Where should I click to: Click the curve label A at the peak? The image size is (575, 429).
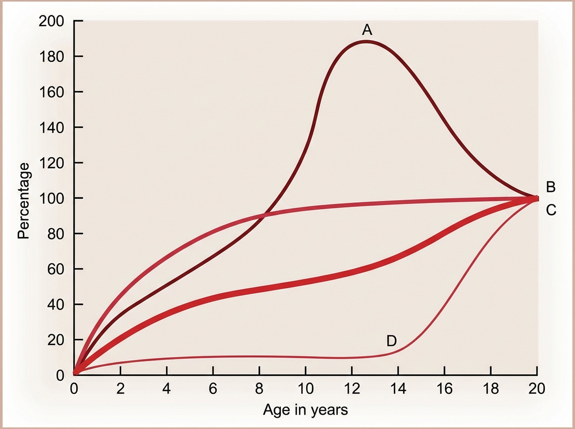(367, 30)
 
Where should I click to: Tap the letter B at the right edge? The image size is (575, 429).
(551, 187)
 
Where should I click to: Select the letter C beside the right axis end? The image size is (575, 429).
(551, 210)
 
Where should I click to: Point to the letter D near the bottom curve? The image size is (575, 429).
(391, 341)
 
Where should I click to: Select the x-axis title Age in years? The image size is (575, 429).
(305, 410)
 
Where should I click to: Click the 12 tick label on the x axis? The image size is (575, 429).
(352, 388)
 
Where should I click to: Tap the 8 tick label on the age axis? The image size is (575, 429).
(259, 388)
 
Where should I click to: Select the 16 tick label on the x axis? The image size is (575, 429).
(444, 388)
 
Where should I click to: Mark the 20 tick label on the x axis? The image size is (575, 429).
(537, 388)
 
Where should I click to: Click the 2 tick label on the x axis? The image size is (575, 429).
(120, 388)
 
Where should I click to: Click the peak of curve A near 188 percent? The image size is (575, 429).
(366, 41)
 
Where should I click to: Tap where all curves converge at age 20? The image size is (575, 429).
(536, 198)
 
